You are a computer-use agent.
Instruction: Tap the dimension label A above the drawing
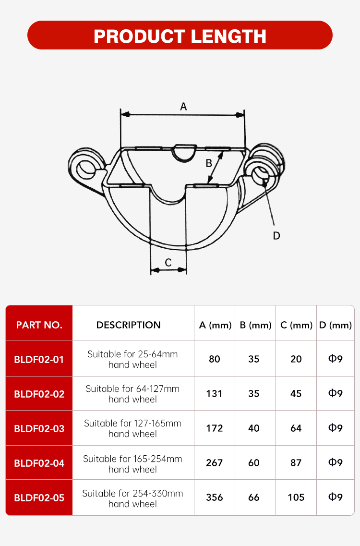pos(183,107)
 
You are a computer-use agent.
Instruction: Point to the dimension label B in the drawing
pos(209,163)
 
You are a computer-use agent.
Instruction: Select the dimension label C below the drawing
pos(168,262)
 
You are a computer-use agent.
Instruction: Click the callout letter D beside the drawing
pos(276,235)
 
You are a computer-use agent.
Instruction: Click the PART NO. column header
pos(39,325)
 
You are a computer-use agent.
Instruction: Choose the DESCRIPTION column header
pos(128,325)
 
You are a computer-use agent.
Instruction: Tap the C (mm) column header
pos(296,325)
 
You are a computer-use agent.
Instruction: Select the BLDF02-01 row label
pos(39,359)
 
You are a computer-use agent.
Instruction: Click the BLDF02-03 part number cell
pos(39,428)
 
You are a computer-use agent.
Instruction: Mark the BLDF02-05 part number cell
pos(39,497)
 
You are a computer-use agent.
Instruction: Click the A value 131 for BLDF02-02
pos(214,394)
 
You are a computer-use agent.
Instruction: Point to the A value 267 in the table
pos(214,463)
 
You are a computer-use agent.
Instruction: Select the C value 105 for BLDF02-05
pos(296,497)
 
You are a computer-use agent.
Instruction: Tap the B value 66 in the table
pos(254,497)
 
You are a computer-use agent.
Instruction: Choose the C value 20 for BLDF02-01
pos(296,359)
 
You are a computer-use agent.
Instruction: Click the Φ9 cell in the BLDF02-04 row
pos(335,462)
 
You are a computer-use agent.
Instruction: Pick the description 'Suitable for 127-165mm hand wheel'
pos(132,428)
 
